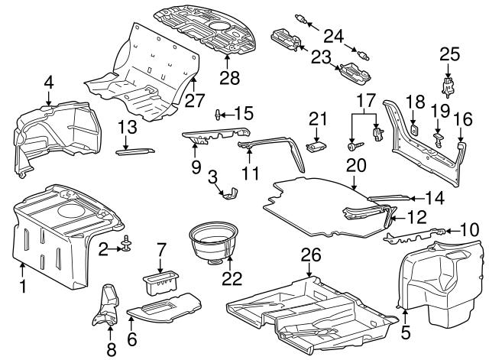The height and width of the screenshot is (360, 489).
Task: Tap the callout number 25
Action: [x=451, y=54]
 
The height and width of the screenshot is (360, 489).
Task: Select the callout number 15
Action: [x=244, y=113]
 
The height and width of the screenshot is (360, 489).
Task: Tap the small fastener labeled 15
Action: [x=220, y=115]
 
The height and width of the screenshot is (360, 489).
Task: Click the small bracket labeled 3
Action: [x=227, y=196]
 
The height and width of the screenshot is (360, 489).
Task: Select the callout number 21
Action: [x=317, y=118]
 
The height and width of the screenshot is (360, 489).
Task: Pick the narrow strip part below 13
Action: [x=134, y=151]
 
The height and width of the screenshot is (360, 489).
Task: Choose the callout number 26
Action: [x=309, y=259]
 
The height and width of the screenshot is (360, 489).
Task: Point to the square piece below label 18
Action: [x=413, y=129]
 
